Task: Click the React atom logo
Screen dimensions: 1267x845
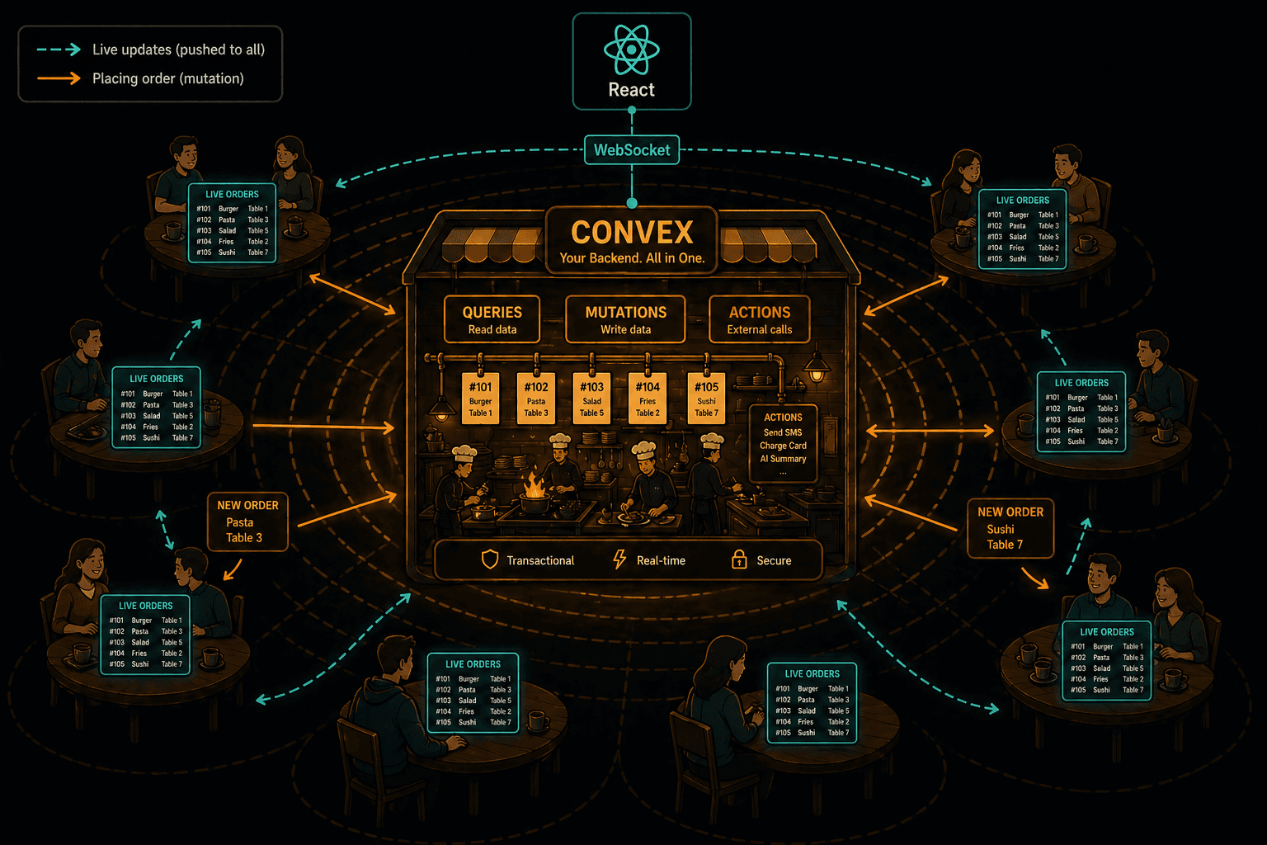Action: click(631, 50)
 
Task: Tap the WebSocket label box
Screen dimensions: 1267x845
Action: click(632, 150)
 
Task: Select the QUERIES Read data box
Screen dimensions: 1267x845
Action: click(492, 320)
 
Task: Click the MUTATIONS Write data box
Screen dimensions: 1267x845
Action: click(625, 320)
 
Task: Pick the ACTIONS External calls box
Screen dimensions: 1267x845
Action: click(760, 320)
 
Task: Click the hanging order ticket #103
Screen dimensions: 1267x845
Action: click(591, 398)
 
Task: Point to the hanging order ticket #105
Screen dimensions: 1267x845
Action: click(706, 398)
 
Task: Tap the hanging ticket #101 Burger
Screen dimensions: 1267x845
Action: click(480, 398)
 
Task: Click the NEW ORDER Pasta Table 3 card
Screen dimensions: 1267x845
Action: click(247, 522)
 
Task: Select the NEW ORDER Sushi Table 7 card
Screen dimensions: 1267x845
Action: click(1010, 529)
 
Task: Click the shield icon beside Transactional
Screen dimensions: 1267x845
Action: click(490, 559)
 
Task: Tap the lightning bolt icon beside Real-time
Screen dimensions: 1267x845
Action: click(620, 559)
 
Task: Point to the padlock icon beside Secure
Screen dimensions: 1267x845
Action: click(739, 559)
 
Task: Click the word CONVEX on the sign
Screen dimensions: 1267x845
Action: click(632, 232)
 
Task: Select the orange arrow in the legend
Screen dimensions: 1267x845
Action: click(59, 78)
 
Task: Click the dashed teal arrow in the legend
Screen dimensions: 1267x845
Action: click(59, 50)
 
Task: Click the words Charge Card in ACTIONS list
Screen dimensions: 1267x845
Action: click(783, 446)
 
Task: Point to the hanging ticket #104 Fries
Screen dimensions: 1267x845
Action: click(648, 398)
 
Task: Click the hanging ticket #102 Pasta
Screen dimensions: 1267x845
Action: click(535, 398)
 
